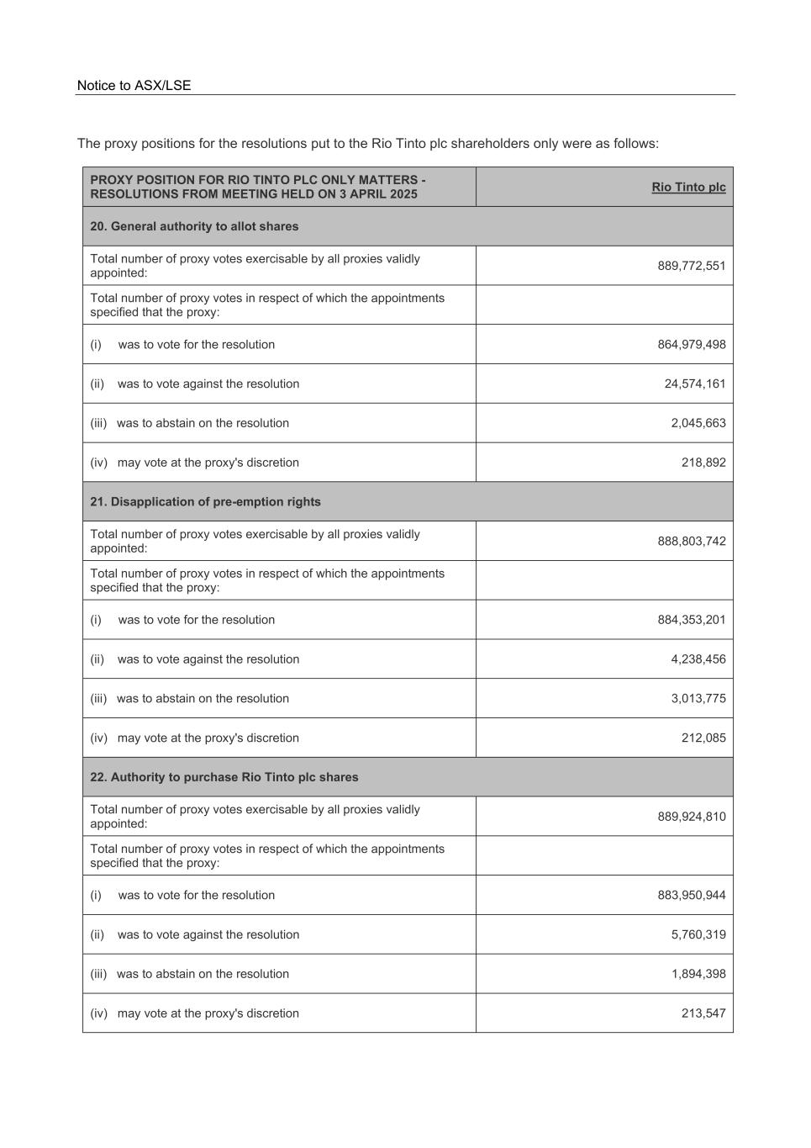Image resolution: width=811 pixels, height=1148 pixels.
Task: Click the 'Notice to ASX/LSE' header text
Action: tap(134, 86)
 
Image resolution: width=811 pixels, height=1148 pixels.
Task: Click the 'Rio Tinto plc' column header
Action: tap(688, 187)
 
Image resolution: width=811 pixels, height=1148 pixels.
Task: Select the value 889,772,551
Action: tap(691, 266)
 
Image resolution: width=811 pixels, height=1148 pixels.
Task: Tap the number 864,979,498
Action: tap(691, 345)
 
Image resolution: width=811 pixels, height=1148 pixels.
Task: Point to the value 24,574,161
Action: tap(694, 384)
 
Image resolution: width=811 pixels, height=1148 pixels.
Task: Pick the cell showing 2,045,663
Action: tap(698, 423)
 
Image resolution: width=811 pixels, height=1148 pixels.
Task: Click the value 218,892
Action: tap(703, 463)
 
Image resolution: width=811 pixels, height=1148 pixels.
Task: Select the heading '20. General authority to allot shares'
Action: tap(194, 226)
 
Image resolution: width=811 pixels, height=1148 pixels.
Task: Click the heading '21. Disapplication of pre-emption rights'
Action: tap(205, 502)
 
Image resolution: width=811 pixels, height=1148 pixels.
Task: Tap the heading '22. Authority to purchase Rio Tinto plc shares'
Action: tap(224, 777)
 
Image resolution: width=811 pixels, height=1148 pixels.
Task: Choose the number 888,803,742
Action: tap(691, 542)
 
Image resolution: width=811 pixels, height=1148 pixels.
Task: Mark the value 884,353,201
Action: tap(691, 620)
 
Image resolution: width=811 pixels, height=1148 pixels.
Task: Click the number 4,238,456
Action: tap(698, 659)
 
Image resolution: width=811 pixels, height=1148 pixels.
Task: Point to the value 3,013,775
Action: tap(698, 699)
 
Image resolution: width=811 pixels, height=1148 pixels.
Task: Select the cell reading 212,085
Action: tap(703, 738)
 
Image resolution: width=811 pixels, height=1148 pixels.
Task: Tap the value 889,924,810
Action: tap(691, 817)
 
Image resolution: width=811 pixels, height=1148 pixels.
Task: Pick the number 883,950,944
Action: tap(691, 896)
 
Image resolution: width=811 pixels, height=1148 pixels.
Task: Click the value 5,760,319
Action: tap(698, 934)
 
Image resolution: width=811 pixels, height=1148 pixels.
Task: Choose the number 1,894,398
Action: tap(698, 974)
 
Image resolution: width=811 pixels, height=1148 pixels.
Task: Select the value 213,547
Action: tap(703, 1013)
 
